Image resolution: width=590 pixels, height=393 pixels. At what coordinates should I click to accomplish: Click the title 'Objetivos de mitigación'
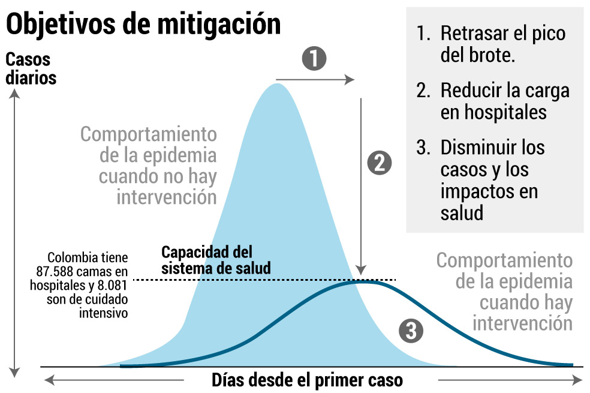143,25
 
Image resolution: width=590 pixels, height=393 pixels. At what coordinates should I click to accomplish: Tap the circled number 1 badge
314,59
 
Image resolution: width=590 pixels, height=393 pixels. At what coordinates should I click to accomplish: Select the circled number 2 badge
379,163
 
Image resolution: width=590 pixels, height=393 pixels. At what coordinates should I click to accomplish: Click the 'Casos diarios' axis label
31,69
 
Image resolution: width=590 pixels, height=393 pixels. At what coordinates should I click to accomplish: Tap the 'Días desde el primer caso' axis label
307,380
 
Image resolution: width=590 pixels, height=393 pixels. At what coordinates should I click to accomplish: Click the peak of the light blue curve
277,85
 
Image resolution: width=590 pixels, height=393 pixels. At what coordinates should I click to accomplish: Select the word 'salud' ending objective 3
462,212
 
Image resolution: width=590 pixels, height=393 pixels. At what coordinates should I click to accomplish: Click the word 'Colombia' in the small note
73,258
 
